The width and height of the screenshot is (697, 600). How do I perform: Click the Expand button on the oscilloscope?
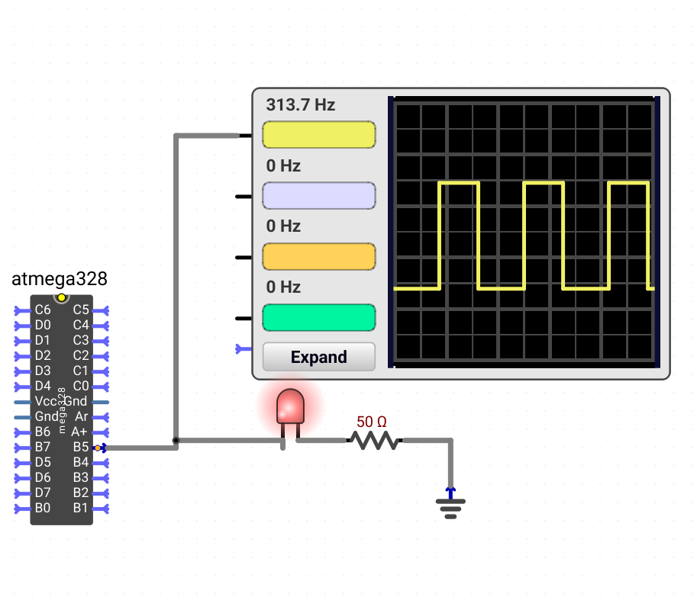click(318, 357)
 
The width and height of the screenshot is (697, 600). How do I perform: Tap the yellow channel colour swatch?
click(318, 134)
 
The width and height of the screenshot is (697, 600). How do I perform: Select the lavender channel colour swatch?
click(318, 195)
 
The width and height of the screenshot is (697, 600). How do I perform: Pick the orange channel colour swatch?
click(318, 256)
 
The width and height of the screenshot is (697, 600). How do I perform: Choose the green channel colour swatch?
click(318, 317)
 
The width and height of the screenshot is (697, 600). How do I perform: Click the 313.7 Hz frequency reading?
click(301, 105)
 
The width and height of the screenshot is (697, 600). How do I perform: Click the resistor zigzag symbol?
click(375, 440)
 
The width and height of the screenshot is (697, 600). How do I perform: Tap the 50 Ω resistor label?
click(372, 422)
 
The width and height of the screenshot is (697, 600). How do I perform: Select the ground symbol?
click(450, 504)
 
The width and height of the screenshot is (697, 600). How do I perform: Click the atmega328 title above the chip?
click(59, 279)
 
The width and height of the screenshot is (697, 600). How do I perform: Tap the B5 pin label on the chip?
click(81, 447)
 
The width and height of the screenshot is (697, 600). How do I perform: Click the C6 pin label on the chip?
click(43, 310)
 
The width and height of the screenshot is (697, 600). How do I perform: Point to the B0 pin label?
click(43, 508)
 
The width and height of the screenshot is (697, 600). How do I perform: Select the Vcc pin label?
click(46, 401)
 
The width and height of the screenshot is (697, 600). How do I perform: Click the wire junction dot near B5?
click(176, 440)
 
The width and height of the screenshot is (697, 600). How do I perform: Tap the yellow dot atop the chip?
click(61, 297)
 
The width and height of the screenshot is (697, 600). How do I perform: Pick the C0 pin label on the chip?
click(81, 386)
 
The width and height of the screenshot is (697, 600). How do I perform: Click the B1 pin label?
click(80, 508)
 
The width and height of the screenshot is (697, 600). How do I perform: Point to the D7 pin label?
click(43, 493)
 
